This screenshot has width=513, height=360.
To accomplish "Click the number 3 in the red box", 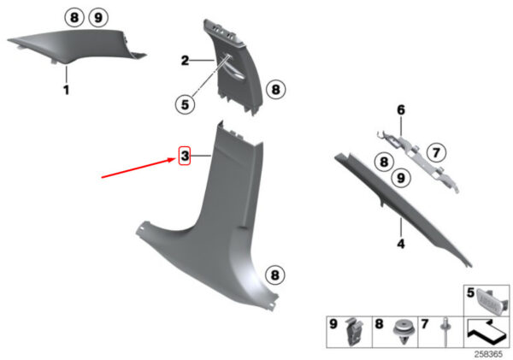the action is (185, 156).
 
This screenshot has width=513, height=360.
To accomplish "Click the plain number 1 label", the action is (67, 90).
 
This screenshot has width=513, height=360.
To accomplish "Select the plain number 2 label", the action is (186, 61).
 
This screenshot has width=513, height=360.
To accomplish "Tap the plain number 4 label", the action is (401, 244).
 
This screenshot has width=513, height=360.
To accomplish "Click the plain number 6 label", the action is (401, 110).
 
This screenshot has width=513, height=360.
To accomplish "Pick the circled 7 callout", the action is (436, 152).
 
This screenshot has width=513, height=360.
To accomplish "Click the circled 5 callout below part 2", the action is (186, 104).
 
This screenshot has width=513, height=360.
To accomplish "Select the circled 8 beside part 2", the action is (276, 89).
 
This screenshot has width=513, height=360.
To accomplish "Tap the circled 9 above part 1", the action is (98, 17).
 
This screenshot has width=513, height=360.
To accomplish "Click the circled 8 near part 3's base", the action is (274, 274).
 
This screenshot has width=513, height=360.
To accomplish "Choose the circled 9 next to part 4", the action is (401, 178).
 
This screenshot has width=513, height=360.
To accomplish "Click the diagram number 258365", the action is (489, 354).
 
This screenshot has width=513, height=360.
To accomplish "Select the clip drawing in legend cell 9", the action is (354, 332).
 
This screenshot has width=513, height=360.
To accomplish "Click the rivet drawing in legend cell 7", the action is (446, 331).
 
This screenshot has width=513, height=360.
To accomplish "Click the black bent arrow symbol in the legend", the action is (486, 332).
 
